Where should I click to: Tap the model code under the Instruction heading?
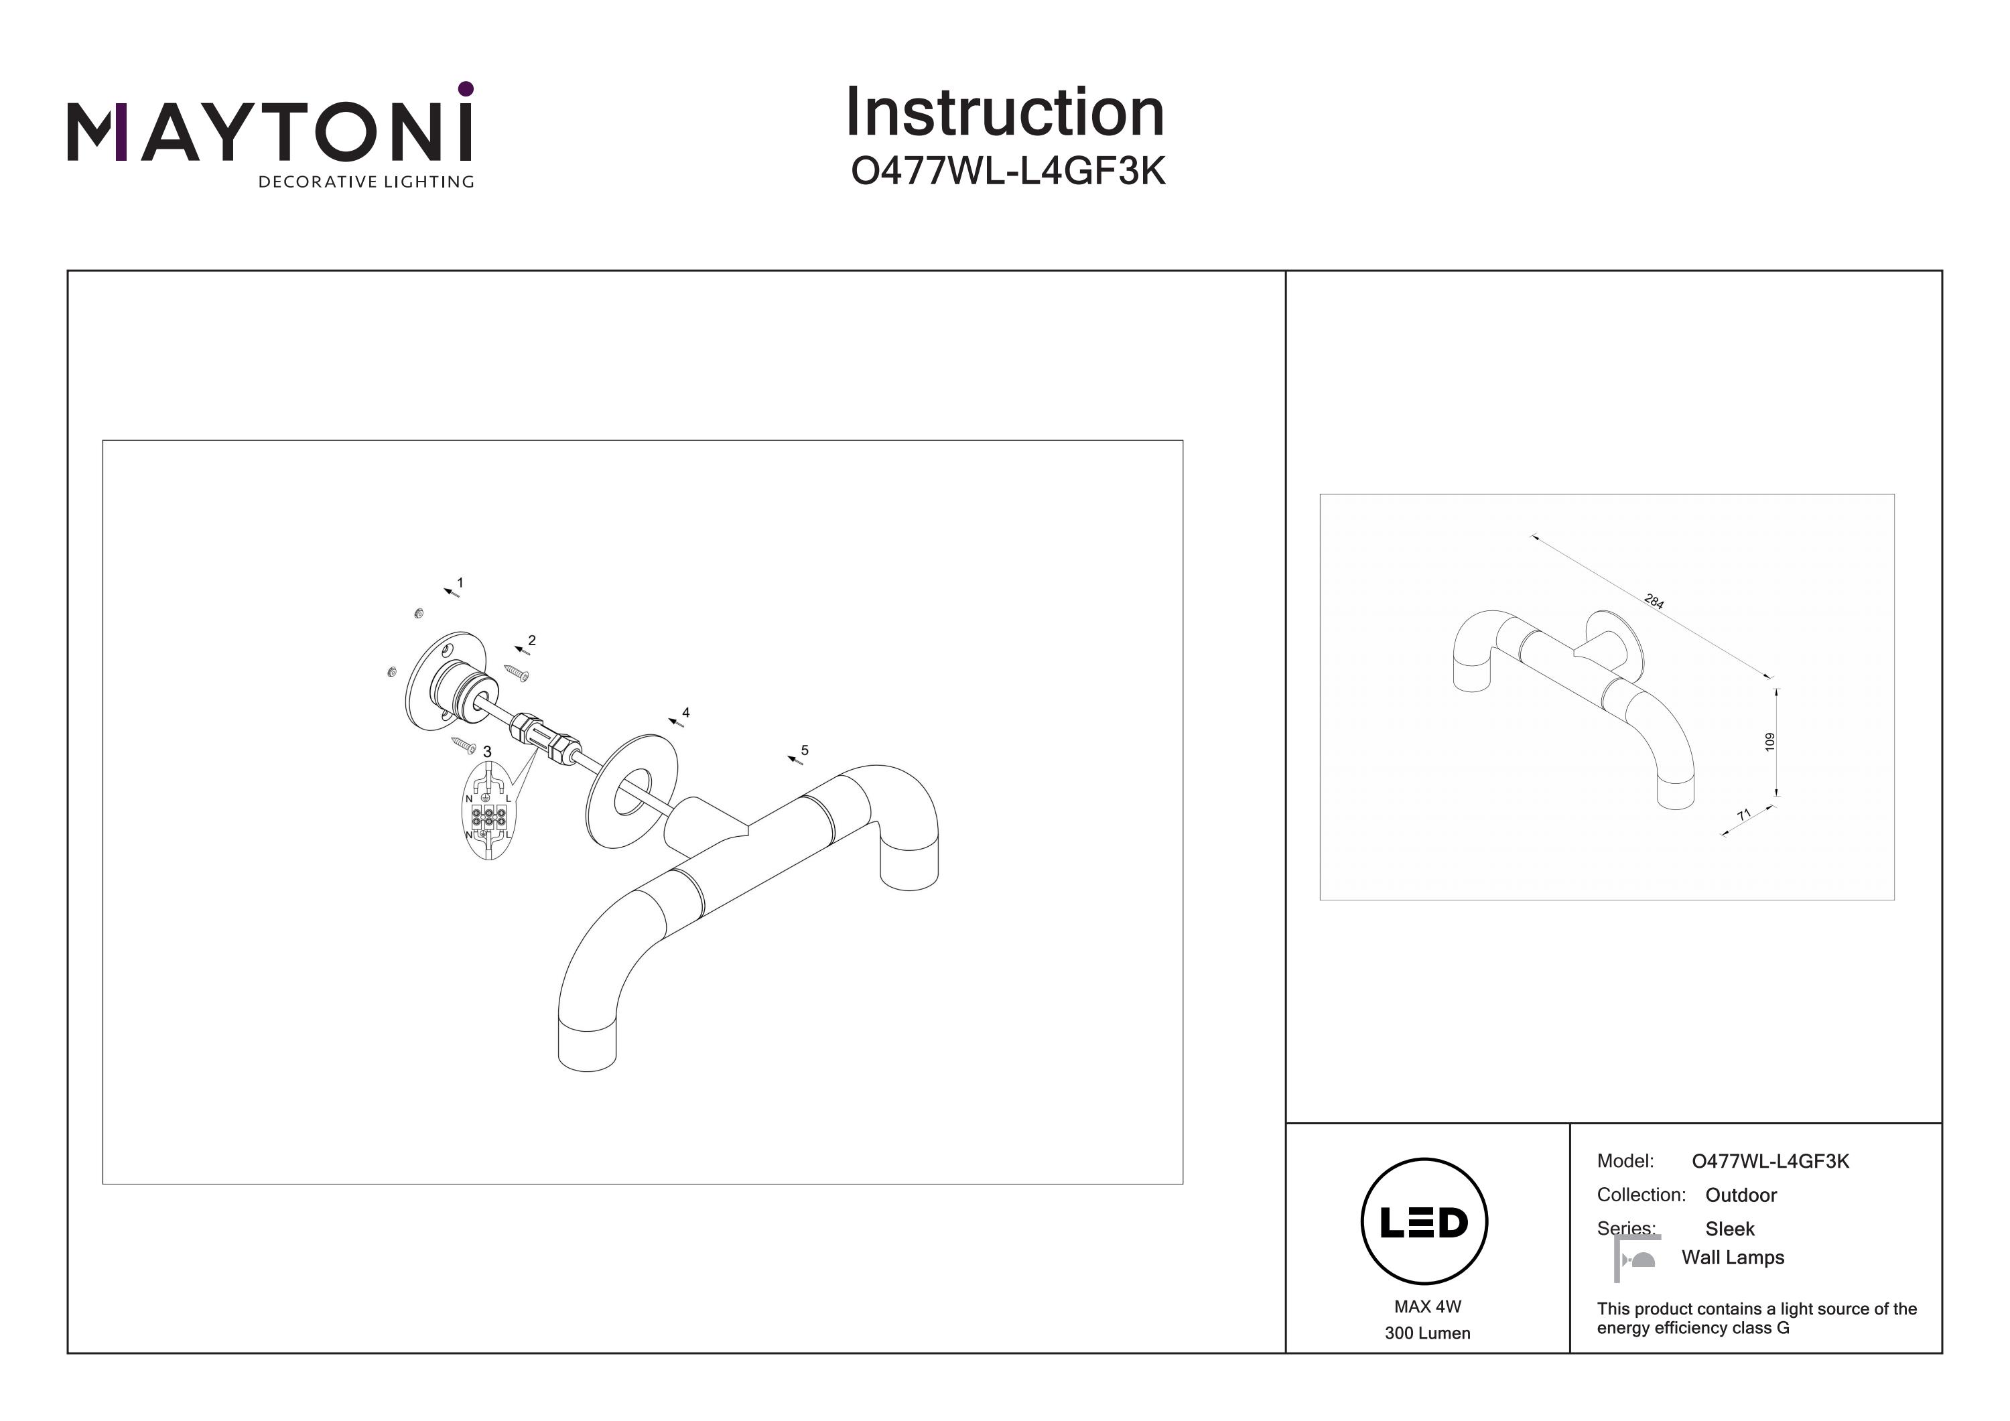(x=1008, y=172)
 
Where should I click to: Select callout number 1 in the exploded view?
(x=460, y=582)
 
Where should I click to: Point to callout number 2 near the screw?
(x=531, y=640)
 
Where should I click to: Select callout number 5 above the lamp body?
(x=805, y=750)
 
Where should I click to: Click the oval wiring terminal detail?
(x=488, y=811)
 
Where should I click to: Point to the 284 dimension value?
(x=1654, y=602)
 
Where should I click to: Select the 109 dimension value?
(x=1770, y=742)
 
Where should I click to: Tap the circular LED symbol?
(x=1424, y=1221)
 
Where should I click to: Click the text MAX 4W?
(x=1428, y=1307)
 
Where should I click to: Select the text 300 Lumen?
(x=1428, y=1333)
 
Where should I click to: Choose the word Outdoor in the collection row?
(x=1741, y=1195)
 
